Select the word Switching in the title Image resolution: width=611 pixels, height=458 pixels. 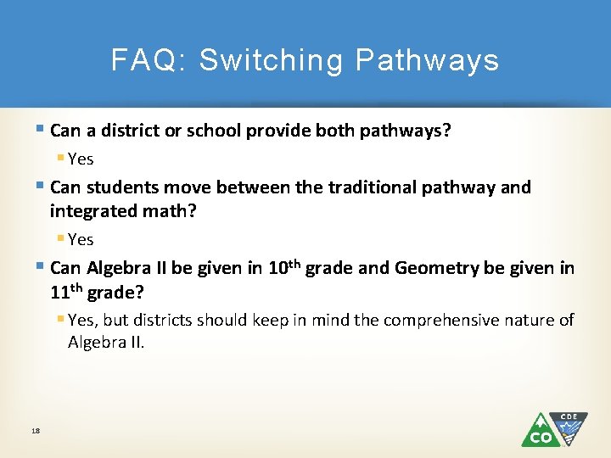click(272, 60)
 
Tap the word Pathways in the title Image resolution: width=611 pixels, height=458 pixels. click(427, 60)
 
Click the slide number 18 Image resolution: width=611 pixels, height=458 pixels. click(36, 431)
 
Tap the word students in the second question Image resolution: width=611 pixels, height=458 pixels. click(119, 187)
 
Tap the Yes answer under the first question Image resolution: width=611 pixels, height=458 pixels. click(81, 159)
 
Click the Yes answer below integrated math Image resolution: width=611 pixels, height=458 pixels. click(81, 239)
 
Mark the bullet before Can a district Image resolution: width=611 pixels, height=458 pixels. click(42, 130)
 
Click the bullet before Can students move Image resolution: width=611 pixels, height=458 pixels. click(42, 186)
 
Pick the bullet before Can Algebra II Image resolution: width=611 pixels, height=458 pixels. click(42, 267)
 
